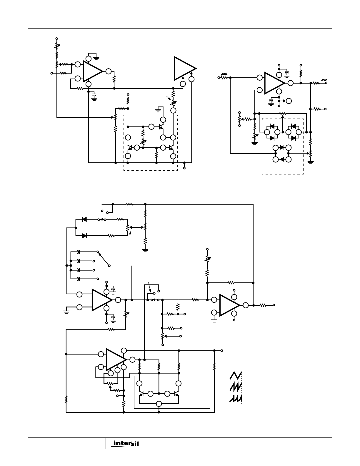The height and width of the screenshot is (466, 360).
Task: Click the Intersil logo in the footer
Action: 125,443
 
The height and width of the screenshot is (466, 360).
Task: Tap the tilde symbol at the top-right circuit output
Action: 324,80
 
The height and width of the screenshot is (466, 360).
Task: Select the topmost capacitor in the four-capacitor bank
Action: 79,251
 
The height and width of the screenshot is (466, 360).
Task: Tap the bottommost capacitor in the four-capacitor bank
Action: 79,279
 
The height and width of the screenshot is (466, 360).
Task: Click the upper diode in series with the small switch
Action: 84,219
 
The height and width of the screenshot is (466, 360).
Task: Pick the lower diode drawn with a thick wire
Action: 84,236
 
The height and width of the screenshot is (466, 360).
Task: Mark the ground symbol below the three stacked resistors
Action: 145,250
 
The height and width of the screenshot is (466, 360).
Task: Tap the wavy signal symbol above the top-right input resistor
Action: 224,74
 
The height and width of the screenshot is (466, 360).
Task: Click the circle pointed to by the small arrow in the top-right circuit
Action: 289,101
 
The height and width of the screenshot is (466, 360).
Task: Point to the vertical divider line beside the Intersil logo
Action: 106,443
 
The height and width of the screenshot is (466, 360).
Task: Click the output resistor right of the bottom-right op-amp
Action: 263,305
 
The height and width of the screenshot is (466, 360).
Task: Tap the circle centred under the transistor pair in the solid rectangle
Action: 159,404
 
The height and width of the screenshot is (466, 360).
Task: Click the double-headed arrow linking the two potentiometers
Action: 136,227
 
